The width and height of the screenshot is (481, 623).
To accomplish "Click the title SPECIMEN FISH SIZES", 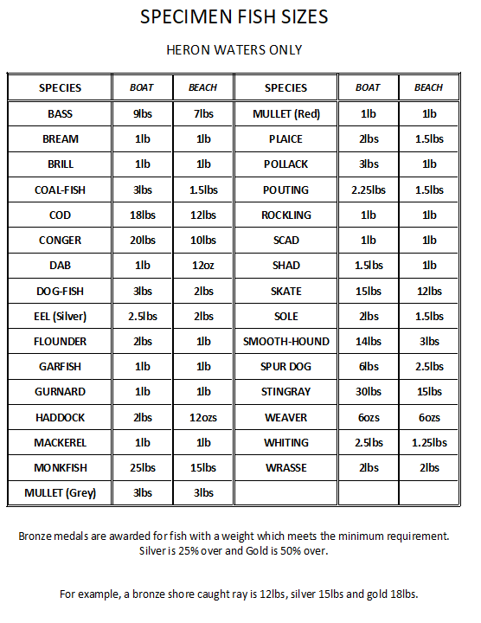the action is (234, 18).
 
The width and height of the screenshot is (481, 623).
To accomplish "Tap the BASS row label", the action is (60, 114).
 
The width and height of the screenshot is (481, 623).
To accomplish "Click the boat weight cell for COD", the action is (142, 215).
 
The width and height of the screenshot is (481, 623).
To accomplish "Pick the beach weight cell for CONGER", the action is (203, 241).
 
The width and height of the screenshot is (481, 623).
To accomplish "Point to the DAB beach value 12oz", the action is (203, 266).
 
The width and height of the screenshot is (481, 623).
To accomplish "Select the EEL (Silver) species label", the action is (60, 317).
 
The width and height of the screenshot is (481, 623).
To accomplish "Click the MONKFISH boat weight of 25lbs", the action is (142, 468).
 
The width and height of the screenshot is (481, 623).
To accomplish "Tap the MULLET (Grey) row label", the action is (60, 493).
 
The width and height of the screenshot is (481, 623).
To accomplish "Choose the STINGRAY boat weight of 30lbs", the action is (368, 392).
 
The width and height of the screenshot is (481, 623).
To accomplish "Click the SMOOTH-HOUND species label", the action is (286, 342).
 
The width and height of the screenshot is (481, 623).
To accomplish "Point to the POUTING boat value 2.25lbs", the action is (368, 190).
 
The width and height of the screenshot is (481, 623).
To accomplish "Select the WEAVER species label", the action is (286, 418).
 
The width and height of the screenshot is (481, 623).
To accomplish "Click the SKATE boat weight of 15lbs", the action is (368, 292).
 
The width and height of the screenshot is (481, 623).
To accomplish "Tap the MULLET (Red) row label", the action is (286, 114).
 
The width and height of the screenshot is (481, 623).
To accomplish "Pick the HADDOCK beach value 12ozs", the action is (203, 418).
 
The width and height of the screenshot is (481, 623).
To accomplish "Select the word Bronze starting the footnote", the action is (37, 536).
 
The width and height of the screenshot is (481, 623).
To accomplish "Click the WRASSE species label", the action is (286, 468).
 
